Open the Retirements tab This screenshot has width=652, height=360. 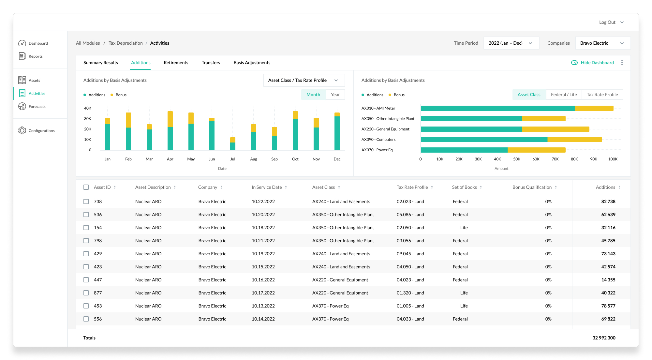pyautogui.click(x=176, y=63)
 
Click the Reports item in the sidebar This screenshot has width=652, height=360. pyautogui.click(x=35, y=56)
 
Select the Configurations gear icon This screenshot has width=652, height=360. pyautogui.click(x=22, y=130)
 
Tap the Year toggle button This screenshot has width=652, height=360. pyautogui.click(x=335, y=95)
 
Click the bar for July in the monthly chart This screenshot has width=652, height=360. pyautogui.click(x=233, y=144)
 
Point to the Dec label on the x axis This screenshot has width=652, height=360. pyautogui.click(x=337, y=159)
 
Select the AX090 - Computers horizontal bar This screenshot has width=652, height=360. pyautogui.click(x=511, y=140)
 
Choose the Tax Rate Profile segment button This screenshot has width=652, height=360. pyautogui.click(x=602, y=95)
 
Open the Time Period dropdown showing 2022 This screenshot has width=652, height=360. pyautogui.click(x=511, y=43)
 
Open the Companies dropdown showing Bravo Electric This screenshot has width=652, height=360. pyautogui.click(x=603, y=43)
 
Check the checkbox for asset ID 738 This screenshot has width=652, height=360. pyautogui.click(x=86, y=202)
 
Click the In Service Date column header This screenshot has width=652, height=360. pyautogui.click(x=267, y=187)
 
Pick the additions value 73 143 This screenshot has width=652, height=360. pyautogui.click(x=608, y=254)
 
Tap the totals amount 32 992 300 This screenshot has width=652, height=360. pyautogui.click(x=604, y=338)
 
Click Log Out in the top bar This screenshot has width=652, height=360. pyautogui.click(x=607, y=22)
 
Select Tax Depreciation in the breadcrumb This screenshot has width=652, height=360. pyautogui.click(x=126, y=43)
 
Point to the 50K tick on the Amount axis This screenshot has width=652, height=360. pyautogui.click(x=517, y=159)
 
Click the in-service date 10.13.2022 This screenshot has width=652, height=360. pyautogui.click(x=263, y=306)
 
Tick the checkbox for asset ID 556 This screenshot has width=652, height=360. pyautogui.click(x=86, y=319)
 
